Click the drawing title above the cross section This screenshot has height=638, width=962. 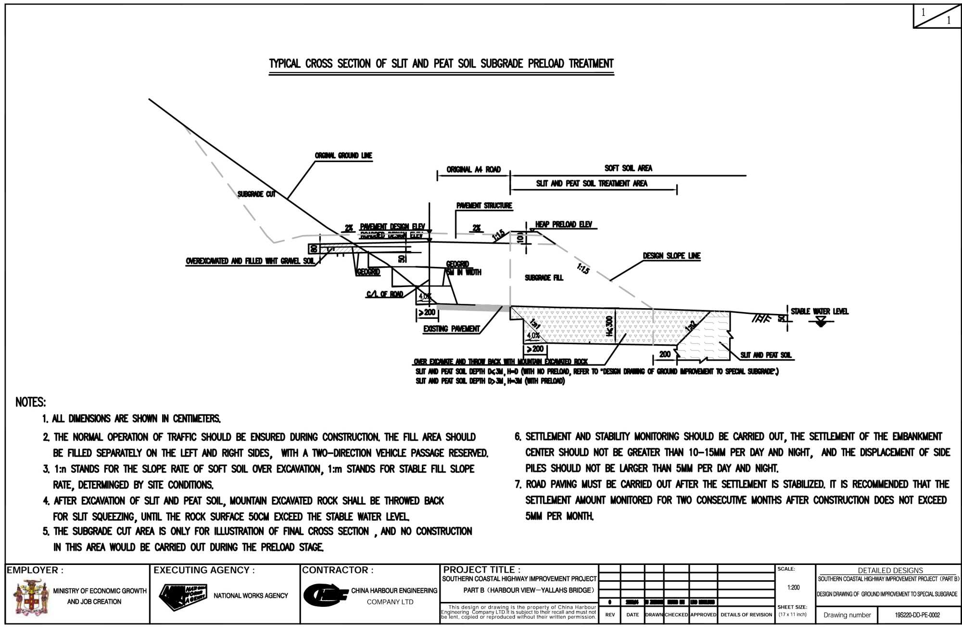pos(441,64)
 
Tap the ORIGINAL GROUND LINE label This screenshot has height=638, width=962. pos(343,156)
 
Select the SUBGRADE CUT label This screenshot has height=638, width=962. pos(256,194)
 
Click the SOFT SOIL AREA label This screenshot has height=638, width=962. pos(628,168)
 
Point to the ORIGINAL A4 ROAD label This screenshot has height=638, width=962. pos(473,170)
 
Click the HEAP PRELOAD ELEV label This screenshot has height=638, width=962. pos(563,225)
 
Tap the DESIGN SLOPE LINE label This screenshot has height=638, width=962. pos(671,256)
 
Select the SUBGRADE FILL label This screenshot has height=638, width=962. pos(544,278)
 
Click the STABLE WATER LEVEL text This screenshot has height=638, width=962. pos(820,312)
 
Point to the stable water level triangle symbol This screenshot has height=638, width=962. pos(821,323)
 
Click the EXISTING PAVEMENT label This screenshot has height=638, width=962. pos(451,329)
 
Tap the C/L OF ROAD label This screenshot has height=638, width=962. pos(384,294)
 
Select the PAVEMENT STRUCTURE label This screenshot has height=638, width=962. pos(484,206)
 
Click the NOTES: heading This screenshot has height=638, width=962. pos(31,402)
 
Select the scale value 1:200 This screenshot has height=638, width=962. pos(793,588)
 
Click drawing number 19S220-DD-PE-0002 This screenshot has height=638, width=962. pos(917,615)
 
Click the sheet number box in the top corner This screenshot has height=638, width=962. pos(937,16)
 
